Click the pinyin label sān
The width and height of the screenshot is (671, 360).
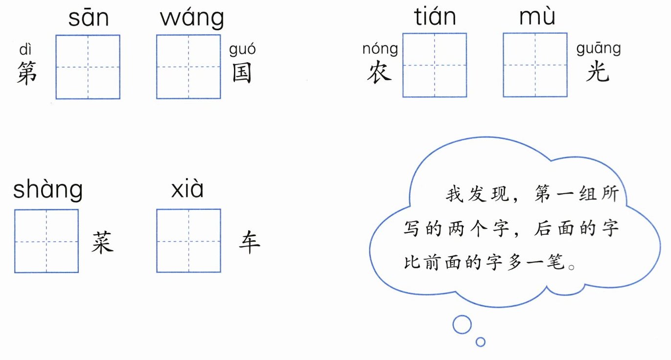point(88,19)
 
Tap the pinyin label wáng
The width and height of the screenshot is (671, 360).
point(192,19)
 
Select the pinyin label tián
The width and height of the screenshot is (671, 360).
point(435,18)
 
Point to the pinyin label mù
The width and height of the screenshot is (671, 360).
point(537,18)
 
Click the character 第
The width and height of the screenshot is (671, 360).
point(27,73)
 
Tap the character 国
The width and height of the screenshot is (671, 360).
point(241,73)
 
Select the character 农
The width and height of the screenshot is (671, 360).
point(379,72)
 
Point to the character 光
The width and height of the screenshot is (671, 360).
point(598,72)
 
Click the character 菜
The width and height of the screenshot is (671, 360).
point(103,242)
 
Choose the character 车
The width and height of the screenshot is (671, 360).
point(249,242)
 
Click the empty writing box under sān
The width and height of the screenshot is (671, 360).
point(88,67)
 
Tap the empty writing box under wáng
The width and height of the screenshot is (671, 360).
point(188,67)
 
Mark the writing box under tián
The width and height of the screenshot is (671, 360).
point(435,65)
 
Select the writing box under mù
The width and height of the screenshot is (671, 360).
point(535,65)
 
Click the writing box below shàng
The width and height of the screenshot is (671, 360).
point(46,241)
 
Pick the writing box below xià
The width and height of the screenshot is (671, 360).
point(188,241)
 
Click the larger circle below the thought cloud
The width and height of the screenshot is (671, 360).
point(462,324)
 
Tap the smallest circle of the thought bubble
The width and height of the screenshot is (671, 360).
point(481,341)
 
